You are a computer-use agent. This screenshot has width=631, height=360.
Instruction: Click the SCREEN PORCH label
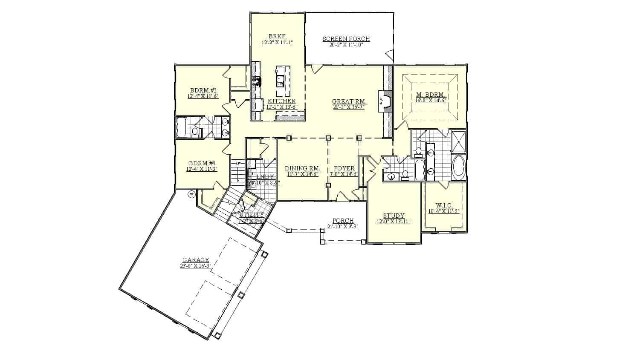346,39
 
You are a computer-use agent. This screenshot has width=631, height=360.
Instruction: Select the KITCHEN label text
281,101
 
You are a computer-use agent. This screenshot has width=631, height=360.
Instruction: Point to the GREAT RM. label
349,101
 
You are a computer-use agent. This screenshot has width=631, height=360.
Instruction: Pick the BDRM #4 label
202,163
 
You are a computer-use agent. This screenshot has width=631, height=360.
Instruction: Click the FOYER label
344,168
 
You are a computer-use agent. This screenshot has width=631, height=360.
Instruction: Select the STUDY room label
394,216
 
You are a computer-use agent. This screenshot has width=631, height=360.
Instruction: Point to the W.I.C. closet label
443,205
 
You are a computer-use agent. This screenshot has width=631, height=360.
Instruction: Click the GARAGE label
196,259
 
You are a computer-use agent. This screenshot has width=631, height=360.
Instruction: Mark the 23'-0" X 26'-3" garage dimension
196,266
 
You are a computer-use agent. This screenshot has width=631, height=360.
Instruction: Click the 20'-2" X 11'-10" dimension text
346,45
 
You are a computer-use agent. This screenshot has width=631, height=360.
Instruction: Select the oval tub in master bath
459,167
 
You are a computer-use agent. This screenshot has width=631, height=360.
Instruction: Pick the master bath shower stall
459,141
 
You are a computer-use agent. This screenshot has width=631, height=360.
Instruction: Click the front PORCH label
343,221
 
